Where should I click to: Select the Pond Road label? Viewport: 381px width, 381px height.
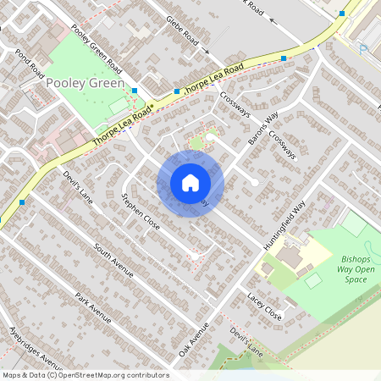point(29,64)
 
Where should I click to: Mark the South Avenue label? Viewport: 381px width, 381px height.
point(114,261)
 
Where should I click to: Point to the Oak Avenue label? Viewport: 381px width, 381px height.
point(193,338)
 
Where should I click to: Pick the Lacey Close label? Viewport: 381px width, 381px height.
point(264,306)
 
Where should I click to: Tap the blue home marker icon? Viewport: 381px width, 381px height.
point(190,183)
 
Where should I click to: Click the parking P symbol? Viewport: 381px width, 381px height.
point(364,48)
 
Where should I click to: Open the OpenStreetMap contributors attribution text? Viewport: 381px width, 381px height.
point(85,374)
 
